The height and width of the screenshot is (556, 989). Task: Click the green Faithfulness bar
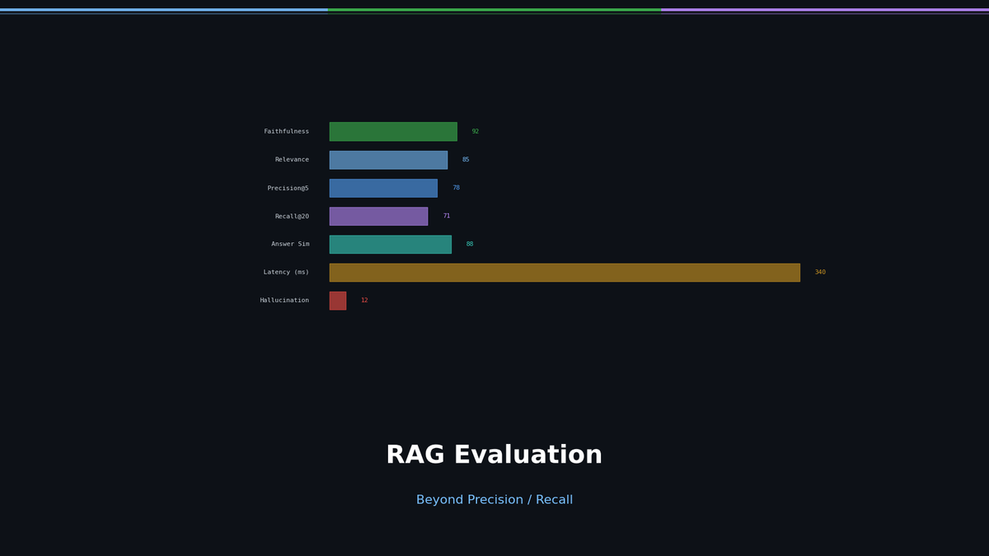click(x=393, y=132)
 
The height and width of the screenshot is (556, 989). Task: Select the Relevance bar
click(x=388, y=160)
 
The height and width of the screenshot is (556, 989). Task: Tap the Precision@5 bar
click(x=383, y=188)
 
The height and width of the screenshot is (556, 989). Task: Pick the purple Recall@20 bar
click(x=378, y=216)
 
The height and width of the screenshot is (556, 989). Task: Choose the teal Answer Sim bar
click(x=390, y=245)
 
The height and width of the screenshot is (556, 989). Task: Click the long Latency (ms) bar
click(x=565, y=273)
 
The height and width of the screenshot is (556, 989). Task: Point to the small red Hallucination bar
click(x=338, y=301)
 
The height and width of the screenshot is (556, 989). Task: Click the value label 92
click(x=476, y=132)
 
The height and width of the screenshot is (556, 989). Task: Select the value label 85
click(x=466, y=160)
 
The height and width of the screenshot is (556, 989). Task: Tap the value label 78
click(x=456, y=188)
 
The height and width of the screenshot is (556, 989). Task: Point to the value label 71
click(x=447, y=216)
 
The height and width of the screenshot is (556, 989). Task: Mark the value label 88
click(x=470, y=245)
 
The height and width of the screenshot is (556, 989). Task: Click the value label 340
click(x=820, y=273)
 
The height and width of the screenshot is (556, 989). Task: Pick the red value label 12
click(x=364, y=301)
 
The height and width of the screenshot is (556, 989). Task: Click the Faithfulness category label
click(x=286, y=132)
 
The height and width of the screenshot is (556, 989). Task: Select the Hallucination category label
click(x=284, y=301)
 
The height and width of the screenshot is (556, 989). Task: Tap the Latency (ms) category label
click(x=286, y=273)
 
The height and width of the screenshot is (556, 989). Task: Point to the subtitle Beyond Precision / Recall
click(x=494, y=500)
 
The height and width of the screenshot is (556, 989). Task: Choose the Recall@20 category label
click(x=292, y=217)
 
